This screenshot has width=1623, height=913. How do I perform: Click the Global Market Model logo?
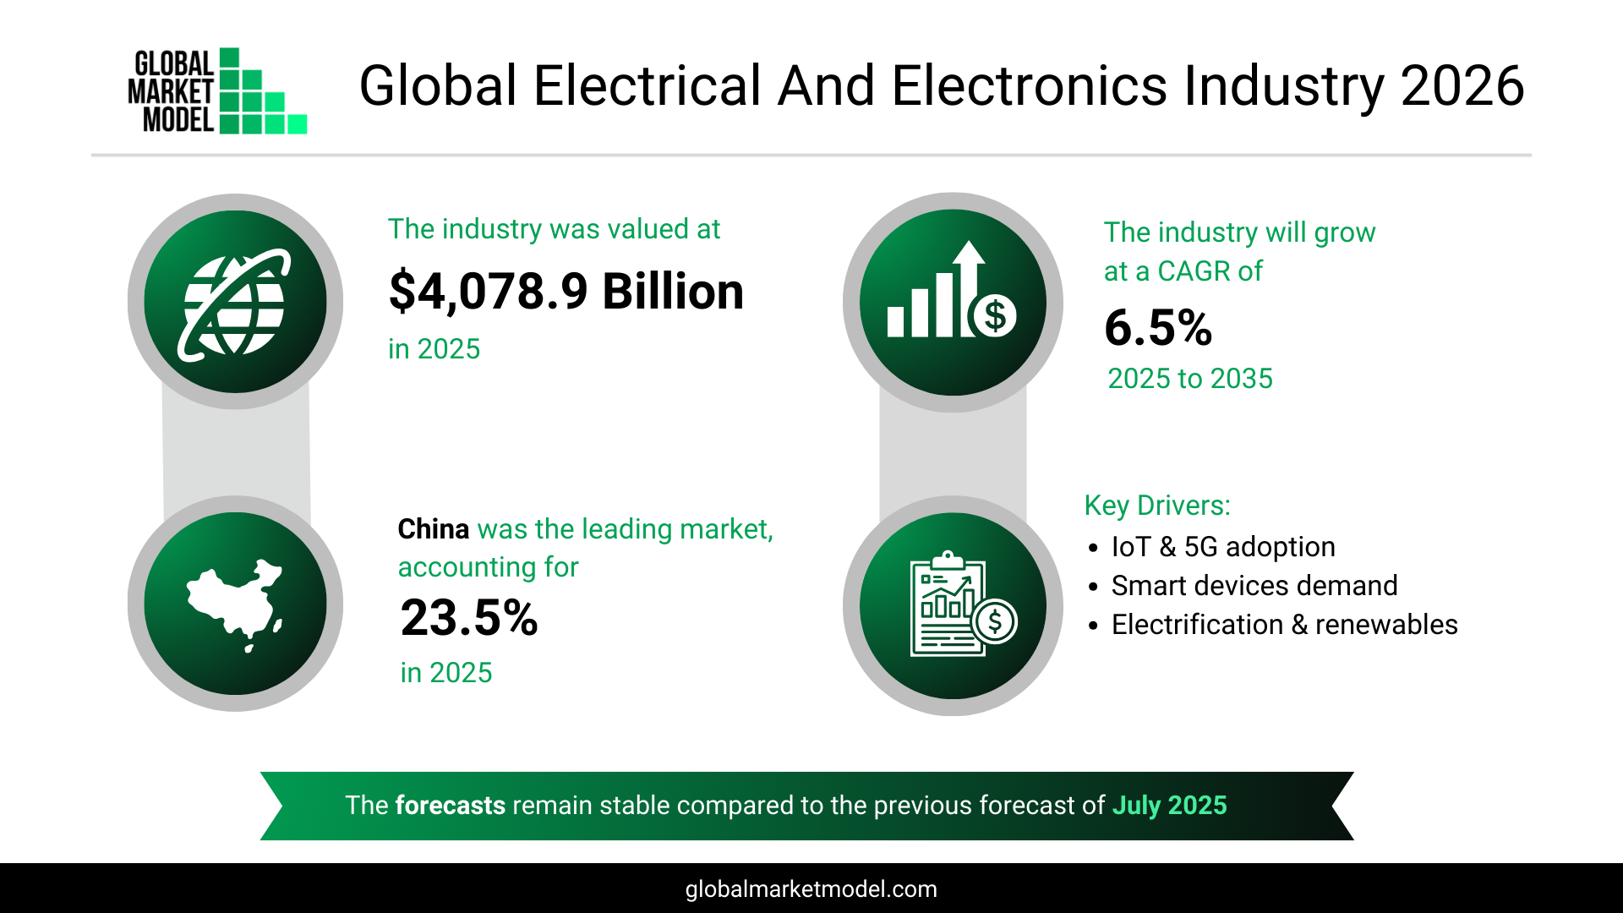pos(217,90)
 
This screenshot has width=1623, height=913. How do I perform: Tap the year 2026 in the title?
pos(1462,86)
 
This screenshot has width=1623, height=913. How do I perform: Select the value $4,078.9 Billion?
pos(566,292)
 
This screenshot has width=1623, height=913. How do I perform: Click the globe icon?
pos(235,303)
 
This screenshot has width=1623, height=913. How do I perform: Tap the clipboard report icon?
pos(953,605)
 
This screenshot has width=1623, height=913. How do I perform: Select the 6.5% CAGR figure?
pos(1158,328)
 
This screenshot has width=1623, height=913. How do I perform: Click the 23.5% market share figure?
pos(469,618)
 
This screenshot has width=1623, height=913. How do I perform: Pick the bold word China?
pos(433,529)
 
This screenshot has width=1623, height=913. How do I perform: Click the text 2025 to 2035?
pos(1189,379)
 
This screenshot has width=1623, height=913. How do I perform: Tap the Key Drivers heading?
pos(1157,506)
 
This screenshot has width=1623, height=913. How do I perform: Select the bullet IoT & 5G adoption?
pos(1222,547)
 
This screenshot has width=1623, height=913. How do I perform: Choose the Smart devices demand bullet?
pos(1254,586)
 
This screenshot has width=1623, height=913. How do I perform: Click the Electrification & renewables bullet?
pos(1284,625)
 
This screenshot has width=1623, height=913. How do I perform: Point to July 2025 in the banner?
pos(1169,806)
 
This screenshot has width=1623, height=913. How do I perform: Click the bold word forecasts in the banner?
pos(450,806)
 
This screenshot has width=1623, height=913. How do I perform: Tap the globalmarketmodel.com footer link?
pos(811,889)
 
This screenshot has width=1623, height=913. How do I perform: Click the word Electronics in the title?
pos(1030,86)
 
